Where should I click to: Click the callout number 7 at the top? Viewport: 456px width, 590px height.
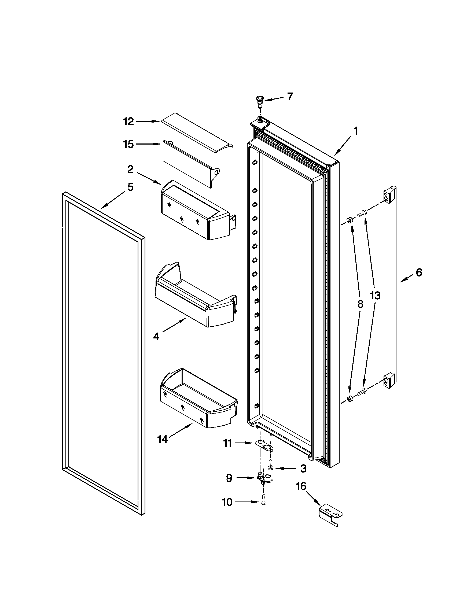pos(290,97)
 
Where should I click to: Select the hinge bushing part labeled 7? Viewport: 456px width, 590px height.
pos(260,101)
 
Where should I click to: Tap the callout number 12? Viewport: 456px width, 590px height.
pos(128,122)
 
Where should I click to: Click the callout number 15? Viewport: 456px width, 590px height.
pos(128,144)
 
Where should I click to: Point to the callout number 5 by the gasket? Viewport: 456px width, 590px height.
pos(130,187)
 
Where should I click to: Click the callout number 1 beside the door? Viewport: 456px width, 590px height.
pos(355,132)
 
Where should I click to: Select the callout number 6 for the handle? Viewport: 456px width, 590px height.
pos(418,272)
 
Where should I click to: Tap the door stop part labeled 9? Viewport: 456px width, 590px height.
pos(264,479)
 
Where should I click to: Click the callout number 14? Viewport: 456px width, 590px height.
pos(162,440)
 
